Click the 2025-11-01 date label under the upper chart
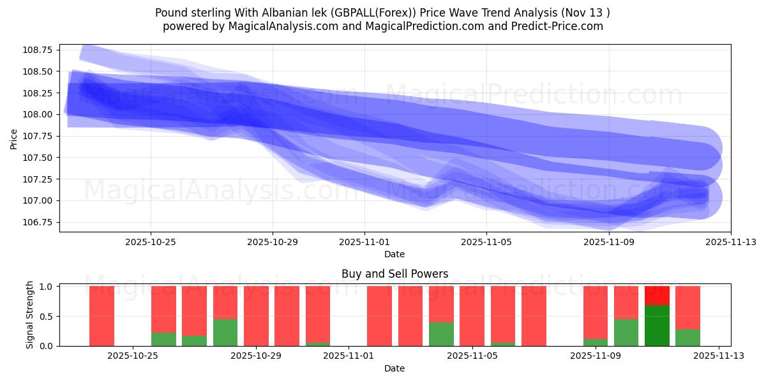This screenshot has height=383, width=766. (364, 242)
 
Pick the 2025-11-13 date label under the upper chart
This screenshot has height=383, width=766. (731, 242)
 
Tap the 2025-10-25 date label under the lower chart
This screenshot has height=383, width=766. (132, 356)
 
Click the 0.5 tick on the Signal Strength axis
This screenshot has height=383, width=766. (47, 317)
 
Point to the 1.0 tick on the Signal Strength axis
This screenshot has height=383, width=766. (47, 287)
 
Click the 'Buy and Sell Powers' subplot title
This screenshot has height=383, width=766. (394, 274)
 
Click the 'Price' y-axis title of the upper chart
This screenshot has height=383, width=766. (14, 138)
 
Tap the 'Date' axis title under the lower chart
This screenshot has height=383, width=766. (394, 368)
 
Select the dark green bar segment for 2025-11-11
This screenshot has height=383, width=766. (657, 326)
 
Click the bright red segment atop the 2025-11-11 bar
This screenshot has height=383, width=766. (657, 296)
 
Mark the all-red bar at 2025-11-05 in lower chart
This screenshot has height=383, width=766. (472, 316)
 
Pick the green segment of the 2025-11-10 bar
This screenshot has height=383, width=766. (626, 333)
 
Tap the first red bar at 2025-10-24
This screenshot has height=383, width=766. (101, 316)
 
